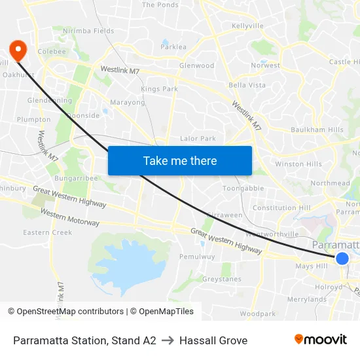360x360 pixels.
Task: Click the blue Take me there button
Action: [x=180, y=160]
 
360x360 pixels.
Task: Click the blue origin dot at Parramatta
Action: [x=342, y=259]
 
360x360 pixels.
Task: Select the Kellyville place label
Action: [x=247, y=26]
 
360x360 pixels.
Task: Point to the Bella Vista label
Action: [x=247, y=86]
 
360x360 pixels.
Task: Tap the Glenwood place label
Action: [x=196, y=65]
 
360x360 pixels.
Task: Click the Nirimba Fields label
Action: [x=88, y=31]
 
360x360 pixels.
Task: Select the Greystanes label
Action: [x=221, y=279]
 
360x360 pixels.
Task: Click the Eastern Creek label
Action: [x=48, y=232]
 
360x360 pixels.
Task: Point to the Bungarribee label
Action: [x=77, y=177]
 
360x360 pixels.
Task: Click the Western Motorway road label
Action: [x=70, y=218]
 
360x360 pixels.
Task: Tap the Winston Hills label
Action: [x=298, y=164]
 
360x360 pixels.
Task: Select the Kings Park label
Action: [x=159, y=89]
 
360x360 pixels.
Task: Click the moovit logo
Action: [x=320, y=340]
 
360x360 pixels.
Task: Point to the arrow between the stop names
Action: [x=168, y=340]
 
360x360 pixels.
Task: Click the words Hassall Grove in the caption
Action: [x=213, y=340]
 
